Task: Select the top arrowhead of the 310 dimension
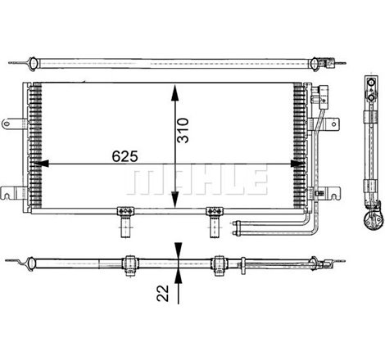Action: click(173, 88)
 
